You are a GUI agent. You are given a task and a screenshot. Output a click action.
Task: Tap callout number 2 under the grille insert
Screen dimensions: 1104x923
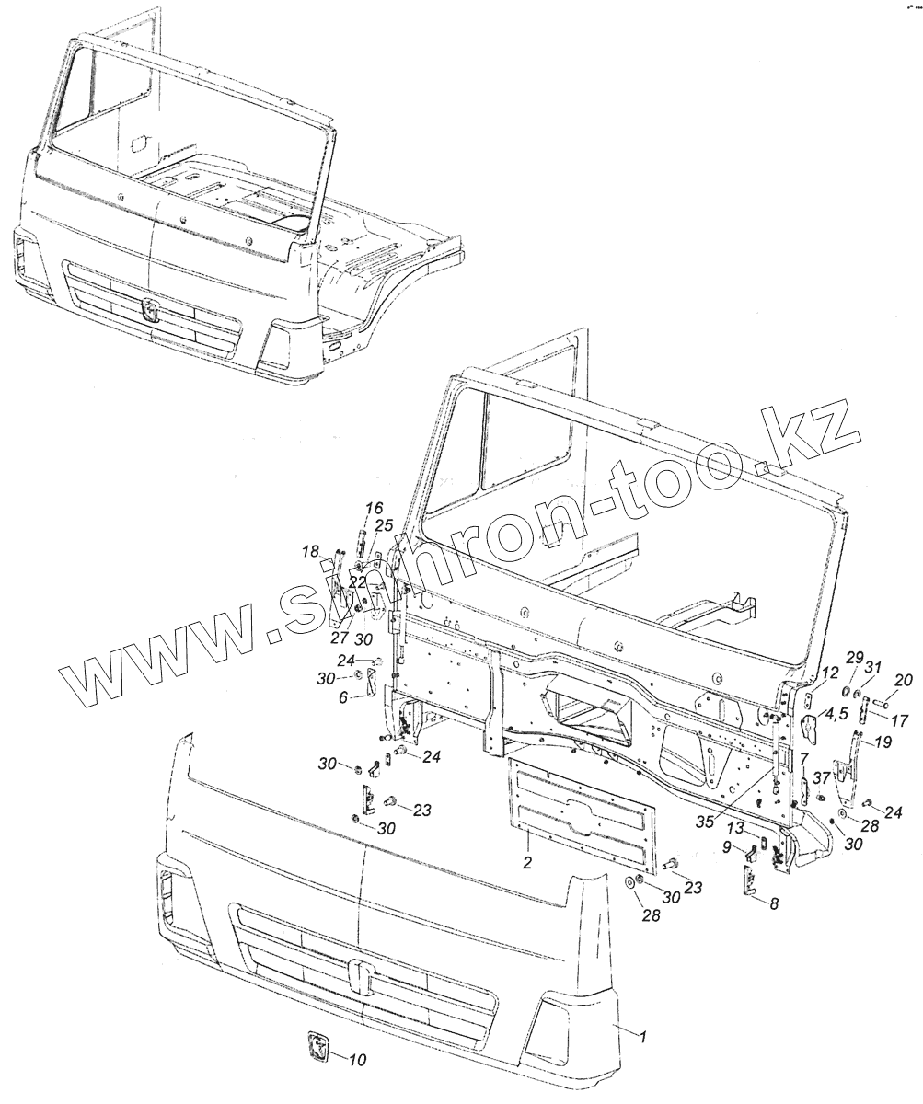pyautogui.click(x=526, y=861)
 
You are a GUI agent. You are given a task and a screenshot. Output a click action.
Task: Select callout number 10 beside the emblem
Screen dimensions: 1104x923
pyautogui.click(x=357, y=1060)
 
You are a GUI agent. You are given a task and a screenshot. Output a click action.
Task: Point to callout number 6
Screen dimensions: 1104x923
pyautogui.click(x=343, y=698)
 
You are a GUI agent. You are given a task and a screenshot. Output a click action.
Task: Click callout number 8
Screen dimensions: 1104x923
pyautogui.click(x=773, y=904)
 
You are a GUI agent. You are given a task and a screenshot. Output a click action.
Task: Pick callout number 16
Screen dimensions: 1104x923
pyautogui.click(x=374, y=509)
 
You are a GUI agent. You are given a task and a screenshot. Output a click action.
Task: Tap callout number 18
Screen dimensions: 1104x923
pyautogui.click(x=310, y=551)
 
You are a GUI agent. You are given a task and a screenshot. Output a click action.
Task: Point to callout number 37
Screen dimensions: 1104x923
pyautogui.click(x=821, y=778)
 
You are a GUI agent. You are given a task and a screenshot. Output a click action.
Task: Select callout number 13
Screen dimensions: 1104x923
pyautogui.click(x=735, y=827)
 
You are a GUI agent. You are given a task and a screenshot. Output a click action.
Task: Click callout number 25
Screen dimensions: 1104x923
pyautogui.click(x=383, y=524)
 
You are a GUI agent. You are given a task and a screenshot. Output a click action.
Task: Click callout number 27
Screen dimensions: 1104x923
pyautogui.click(x=338, y=639)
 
